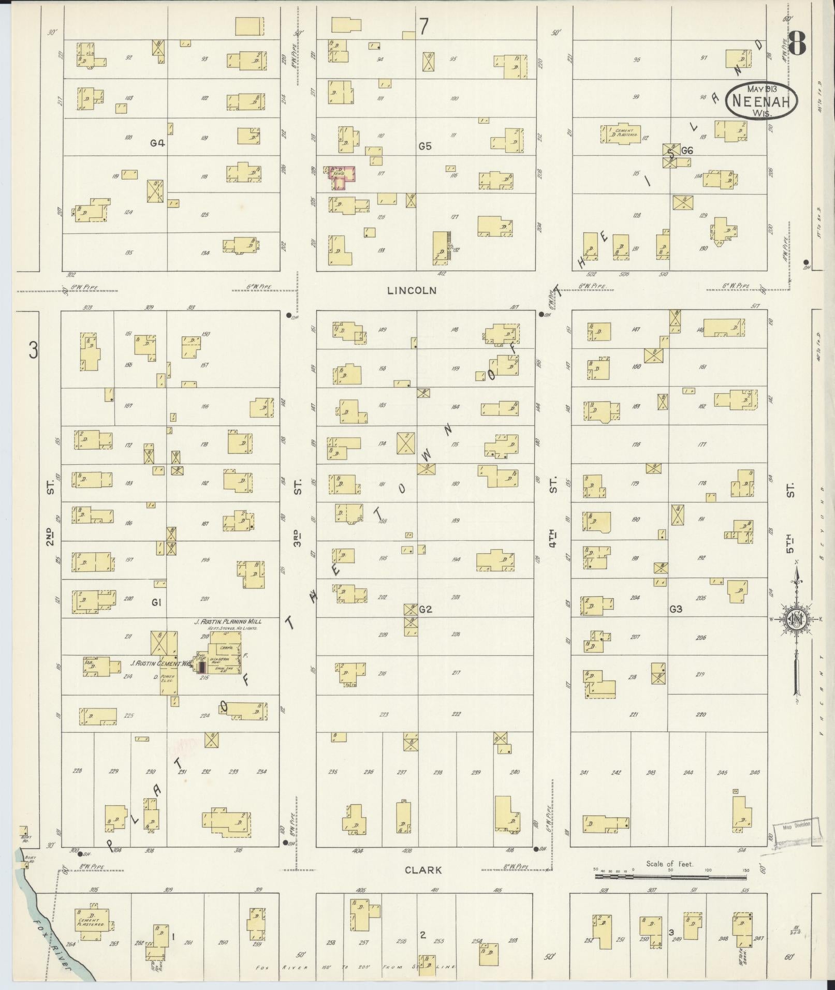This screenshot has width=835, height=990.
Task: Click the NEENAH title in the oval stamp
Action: (761, 101)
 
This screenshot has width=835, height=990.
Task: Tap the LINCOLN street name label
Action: (419, 291)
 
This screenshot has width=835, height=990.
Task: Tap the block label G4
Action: (157, 143)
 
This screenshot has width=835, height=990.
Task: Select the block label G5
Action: (425, 146)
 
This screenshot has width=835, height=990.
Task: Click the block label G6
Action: (686, 151)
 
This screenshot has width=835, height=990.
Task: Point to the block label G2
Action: (425, 610)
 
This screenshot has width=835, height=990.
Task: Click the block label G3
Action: (676, 609)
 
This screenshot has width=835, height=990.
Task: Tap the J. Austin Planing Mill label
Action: (228, 622)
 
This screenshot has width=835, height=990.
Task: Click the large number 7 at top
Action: (424, 26)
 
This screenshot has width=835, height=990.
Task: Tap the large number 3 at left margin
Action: (33, 351)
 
